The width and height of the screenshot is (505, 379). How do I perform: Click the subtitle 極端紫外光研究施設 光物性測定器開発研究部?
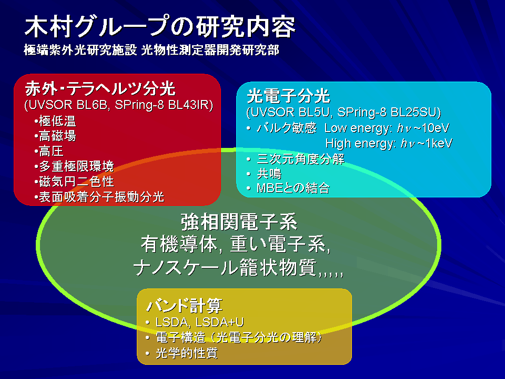pyautogui.click(x=151, y=50)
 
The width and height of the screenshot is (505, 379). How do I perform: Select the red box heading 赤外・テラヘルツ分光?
pyautogui.click(x=100, y=88)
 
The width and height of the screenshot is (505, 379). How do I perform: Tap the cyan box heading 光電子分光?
pyautogui.click(x=288, y=96)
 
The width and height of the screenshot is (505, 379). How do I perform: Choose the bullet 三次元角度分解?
pyautogui.click(x=300, y=159)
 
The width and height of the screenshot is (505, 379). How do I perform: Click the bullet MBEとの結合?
pyautogui.click(x=293, y=188)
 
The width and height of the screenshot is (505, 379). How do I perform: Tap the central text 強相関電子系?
pyautogui.click(x=239, y=222)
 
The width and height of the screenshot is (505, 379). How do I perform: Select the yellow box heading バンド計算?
pyautogui.click(x=184, y=305)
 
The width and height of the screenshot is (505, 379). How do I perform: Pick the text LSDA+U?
pyautogui.click(x=220, y=322)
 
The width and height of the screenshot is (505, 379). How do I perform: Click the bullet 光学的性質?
pyautogui.click(x=187, y=353)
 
